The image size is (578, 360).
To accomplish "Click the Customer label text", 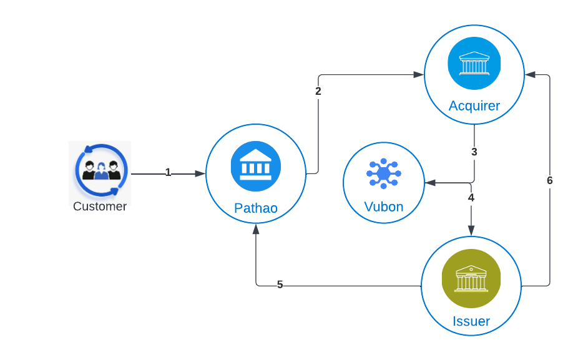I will click(x=100, y=207).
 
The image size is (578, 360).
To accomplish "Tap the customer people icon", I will click(x=100, y=170).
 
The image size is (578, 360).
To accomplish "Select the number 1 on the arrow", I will click(x=168, y=173).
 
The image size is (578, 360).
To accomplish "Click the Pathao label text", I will click(x=256, y=208).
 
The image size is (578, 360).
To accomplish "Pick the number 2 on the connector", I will click(x=318, y=91).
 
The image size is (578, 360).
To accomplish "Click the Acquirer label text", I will click(x=474, y=106).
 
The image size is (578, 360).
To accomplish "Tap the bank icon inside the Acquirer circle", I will click(x=474, y=64).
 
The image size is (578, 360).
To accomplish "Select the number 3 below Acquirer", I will click(x=474, y=152).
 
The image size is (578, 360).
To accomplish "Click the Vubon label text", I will click(x=384, y=207).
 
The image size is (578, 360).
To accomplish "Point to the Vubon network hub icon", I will click(x=384, y=173).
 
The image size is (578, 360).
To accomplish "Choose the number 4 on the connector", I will click(x=471, y=198).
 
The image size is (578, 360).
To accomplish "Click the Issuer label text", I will click(x=471, y=322).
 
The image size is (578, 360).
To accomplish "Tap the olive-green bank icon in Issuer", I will click(x=471, y=279).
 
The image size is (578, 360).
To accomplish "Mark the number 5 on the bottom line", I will click(x=280, y=285).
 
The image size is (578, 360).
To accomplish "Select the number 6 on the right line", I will click(x=550, y=181).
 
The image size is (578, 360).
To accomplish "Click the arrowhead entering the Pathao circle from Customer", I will click(x=200, y=174).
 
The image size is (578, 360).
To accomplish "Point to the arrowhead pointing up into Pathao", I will click(x=256, y=229).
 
